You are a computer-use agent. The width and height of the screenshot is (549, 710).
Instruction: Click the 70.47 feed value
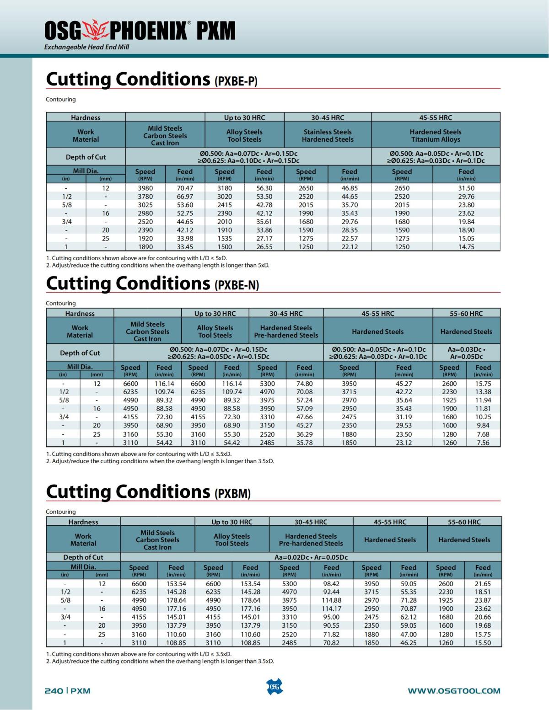tap(185, 188)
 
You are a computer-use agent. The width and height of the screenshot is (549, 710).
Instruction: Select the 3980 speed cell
tap(145, 188)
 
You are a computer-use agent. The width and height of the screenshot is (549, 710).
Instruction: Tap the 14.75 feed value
tap(466, 247)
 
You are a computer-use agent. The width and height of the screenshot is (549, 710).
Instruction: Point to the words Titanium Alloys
tap(436, 139)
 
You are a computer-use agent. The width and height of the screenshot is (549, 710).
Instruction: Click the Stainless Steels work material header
tap(328, 132)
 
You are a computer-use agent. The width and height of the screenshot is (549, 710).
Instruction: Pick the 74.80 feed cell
tap(304, 384)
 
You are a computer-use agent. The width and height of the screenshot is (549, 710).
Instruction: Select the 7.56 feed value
tap(483, 443)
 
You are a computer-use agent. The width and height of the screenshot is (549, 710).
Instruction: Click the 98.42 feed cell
tap(331, 584)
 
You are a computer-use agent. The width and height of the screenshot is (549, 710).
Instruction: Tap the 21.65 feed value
tap(483, 584)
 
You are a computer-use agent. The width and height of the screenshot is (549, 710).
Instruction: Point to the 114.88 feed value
tap(331, 600)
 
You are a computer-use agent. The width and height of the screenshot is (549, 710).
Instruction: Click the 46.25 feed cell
tap(409, 642)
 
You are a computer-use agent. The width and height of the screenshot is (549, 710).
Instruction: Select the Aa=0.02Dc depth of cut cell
tap(311, 557)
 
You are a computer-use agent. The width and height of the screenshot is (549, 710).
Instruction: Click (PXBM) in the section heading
tap(232, 494)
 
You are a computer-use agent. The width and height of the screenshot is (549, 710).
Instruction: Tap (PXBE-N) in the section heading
tap(237, 285)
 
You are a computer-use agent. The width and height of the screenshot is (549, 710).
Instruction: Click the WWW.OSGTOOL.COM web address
tap(454, 691)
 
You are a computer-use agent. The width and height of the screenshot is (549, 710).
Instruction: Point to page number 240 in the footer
tap(54, 691)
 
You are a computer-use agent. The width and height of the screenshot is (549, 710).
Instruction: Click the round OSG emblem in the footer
tap(274, 687)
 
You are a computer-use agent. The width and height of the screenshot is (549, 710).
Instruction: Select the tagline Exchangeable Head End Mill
tap(86, 47)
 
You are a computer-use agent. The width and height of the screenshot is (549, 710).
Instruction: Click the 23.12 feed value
tap(404, 443)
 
